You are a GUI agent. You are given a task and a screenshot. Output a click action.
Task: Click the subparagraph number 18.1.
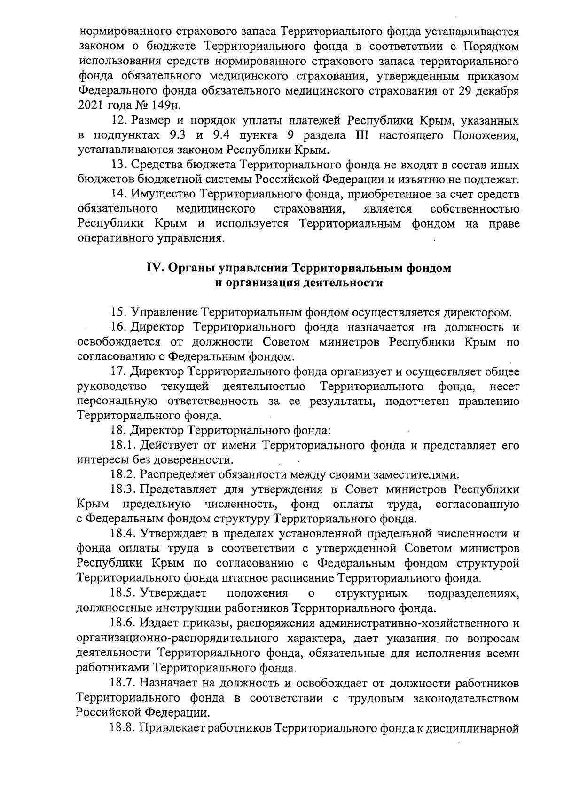coord(123,444)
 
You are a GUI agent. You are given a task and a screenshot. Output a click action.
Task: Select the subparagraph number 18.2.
coord(123,474)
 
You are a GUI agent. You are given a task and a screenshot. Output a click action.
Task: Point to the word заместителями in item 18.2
coord(411,474)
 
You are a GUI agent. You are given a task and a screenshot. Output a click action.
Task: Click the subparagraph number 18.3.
coord(123,489)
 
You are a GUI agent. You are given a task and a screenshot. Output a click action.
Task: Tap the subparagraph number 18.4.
coord(123,534)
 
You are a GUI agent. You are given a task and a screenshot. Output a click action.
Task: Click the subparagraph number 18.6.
coord(123,623)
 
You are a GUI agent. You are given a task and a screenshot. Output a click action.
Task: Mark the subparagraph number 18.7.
coord(123,682)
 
